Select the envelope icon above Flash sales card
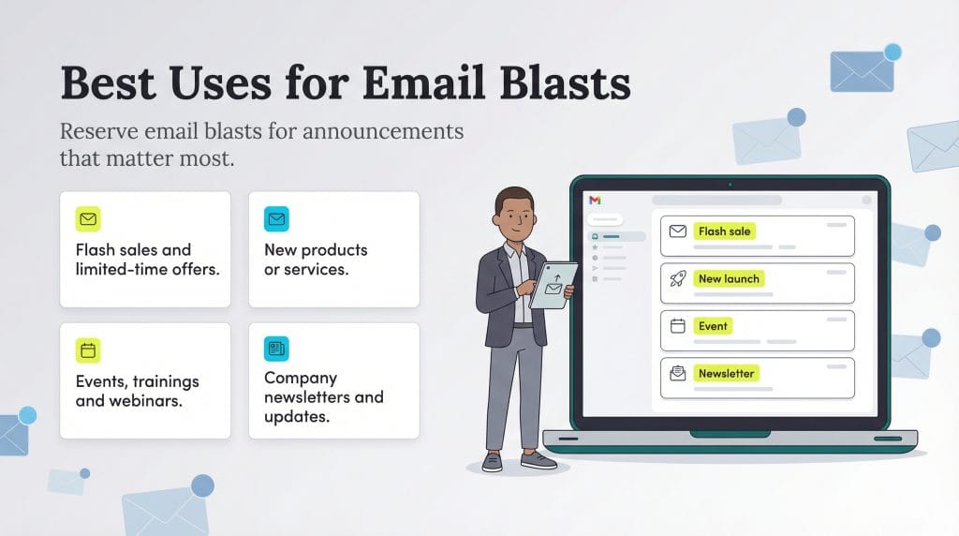[88, 219]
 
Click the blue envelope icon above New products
[276, 219]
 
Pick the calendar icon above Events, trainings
[88, 350]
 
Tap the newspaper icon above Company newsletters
[276, 349]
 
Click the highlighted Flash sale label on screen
[725, 231]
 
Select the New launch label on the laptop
[730, 278]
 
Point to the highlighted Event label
[713, 326]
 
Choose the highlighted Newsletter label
[726, 373]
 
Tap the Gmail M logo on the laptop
[595, 201]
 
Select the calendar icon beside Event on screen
[678, 326]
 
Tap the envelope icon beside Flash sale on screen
[678, 231]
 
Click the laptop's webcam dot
[730, 184]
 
